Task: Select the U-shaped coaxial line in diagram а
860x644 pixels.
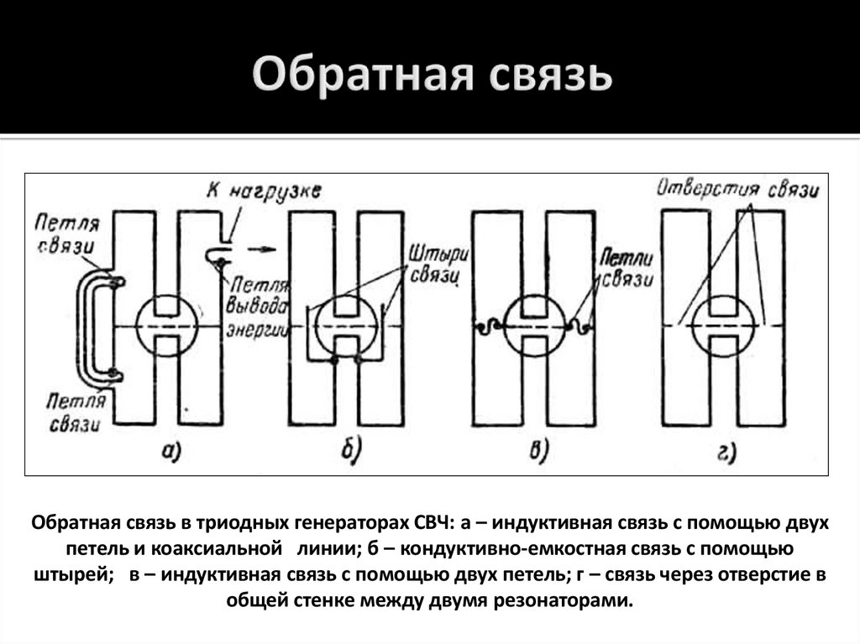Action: tap(87, 328)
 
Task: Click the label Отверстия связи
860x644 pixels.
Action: tap(737, 188)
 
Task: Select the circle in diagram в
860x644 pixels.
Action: tap(534, 325)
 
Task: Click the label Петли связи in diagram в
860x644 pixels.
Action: tap(627, 268)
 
